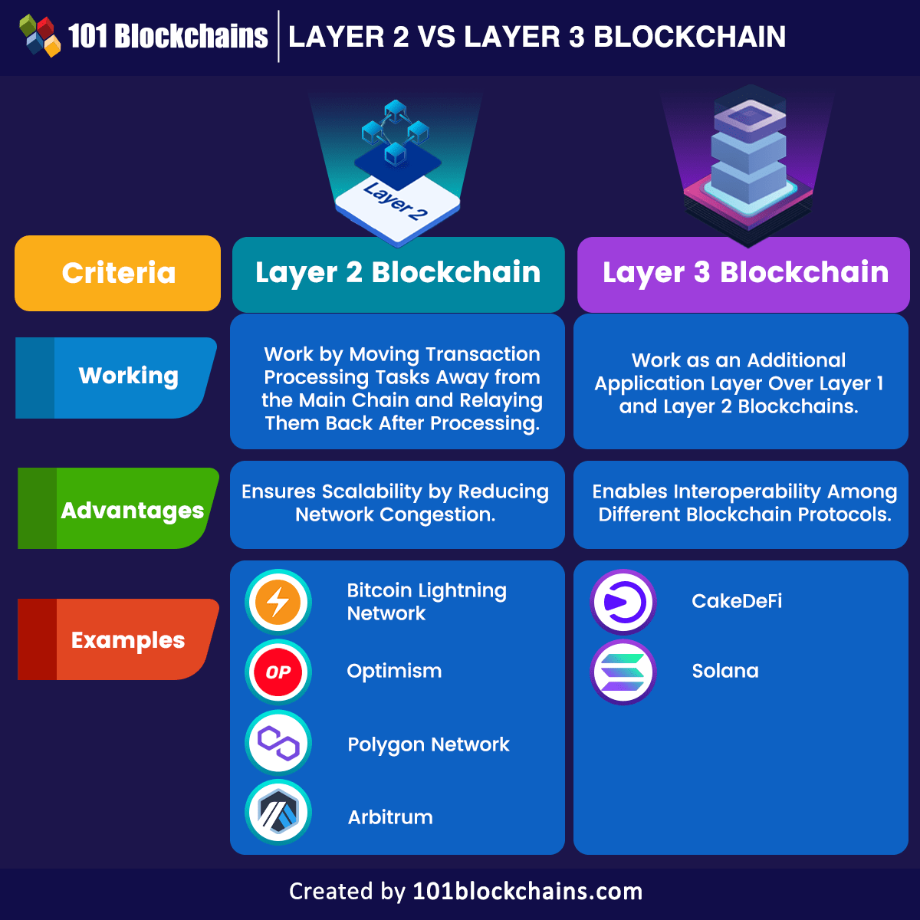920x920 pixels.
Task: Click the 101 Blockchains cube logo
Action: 40,36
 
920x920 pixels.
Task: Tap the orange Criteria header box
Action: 118,274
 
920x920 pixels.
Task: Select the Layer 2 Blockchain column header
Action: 398,274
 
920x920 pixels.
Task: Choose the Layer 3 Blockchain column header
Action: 744,274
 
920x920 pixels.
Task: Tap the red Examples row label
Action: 120,640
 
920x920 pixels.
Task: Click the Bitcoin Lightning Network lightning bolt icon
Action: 278,602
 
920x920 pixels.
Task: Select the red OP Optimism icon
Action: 278,672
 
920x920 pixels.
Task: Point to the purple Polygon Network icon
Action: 278,743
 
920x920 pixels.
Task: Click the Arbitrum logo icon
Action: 278,813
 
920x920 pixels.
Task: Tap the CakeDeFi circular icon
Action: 623,602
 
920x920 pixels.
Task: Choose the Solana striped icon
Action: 623,672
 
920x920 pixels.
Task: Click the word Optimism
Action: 394,672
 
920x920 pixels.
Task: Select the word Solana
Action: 725,672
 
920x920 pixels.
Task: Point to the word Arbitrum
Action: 390,817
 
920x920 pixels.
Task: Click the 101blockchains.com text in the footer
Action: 527,892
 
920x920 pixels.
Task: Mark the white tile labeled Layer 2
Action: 396,203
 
